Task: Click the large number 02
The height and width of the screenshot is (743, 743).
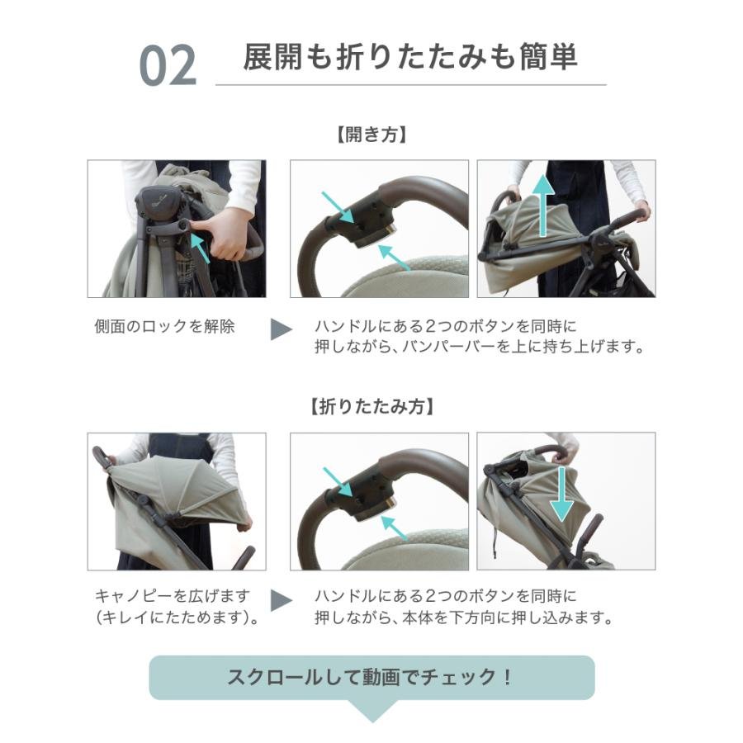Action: (x=168, y=66)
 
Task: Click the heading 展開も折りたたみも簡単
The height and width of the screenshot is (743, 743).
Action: (x=410, y=58)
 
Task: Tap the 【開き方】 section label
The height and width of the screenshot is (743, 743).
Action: (x=371, y=135)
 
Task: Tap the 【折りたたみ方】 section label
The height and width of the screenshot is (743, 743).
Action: (x=371, y=407)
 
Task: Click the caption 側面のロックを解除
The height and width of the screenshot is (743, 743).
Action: (x=164, y=326)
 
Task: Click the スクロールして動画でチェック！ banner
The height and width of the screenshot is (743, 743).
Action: (x=371, y=678)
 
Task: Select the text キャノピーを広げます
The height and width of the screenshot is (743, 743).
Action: (x=172, y=596)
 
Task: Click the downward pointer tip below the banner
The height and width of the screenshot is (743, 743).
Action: (x=371, y=717)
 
